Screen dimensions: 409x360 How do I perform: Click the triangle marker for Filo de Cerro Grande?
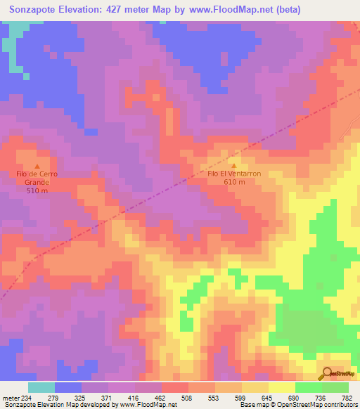click(37, 165)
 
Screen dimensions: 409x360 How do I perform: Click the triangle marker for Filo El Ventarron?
click(234, 165)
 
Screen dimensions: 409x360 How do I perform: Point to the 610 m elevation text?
click(234, 182)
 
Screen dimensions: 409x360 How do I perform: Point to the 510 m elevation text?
click(37, 190)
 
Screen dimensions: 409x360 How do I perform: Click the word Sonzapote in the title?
click(33, 10)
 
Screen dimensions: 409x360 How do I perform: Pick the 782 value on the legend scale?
click(347, 398)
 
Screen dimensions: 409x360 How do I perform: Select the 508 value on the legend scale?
click(187, 398)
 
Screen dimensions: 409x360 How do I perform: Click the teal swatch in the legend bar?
click(41, 387)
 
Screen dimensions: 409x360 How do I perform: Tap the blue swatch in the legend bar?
click(68, 387)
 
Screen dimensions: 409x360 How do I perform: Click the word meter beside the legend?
click(8, 398)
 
